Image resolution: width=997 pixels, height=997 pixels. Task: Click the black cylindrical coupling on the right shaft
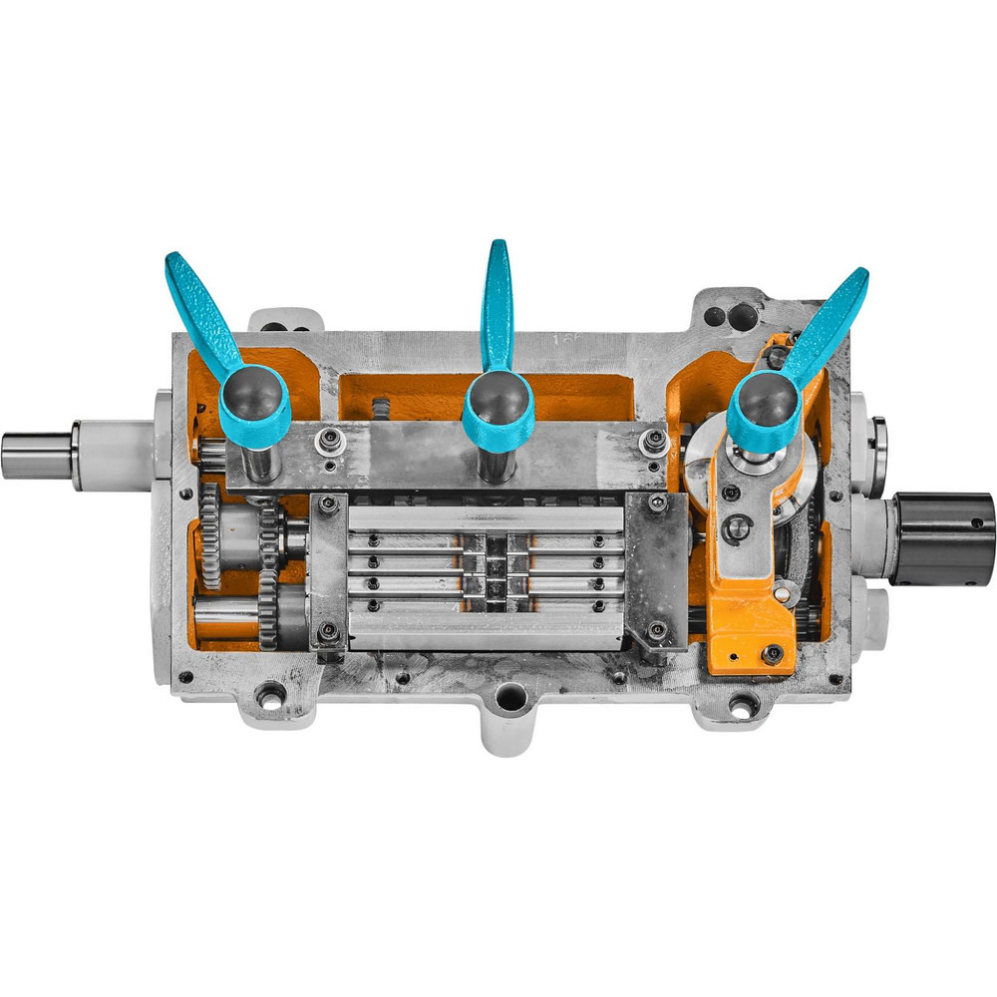pyautogui.click(x=943, y=537)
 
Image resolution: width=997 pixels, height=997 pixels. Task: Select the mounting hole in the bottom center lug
pyautogui.click(x=510, y=697)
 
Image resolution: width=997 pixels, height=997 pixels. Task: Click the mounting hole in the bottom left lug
pyautogui.click(x=270, y=694)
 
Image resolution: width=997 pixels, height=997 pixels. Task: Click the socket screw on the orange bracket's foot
pyautogui.click(x=772, y=654)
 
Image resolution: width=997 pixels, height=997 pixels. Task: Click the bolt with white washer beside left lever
pyautogui.click(x=325, y=440)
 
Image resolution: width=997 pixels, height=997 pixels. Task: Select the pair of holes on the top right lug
pyautogui.click(x=729, y=316)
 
